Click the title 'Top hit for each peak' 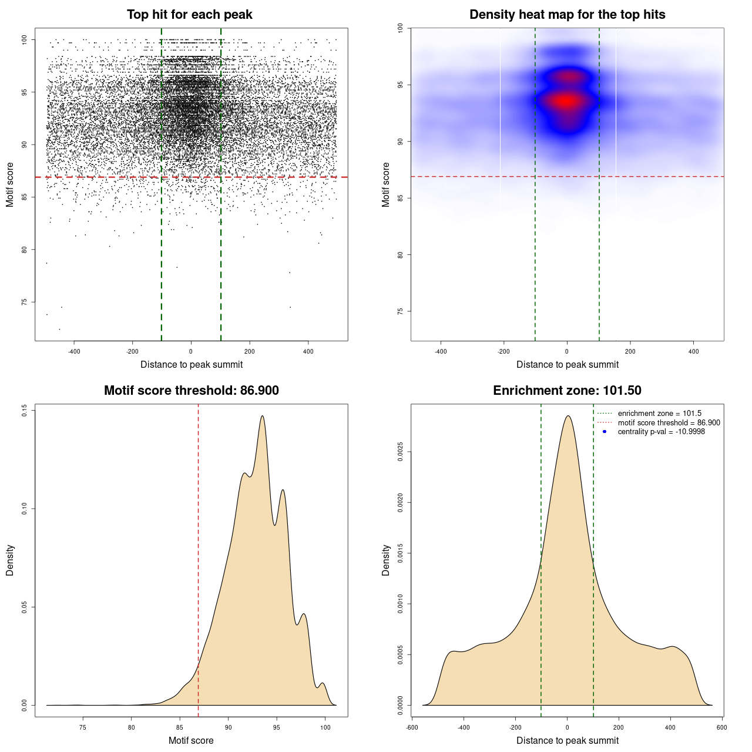[x=190, y=15]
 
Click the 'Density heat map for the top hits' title [x=567, y=15]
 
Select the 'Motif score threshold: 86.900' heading [x=191, y=391]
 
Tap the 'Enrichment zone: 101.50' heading [x=567, y=391]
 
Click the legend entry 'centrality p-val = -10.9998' [x=661, y=432]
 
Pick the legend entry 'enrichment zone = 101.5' [x=659, y=414]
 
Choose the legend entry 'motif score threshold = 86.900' [x=669, y=423]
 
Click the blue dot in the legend [x=605, y=432]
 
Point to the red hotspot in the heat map [x=566, y=101]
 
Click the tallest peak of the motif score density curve [x=262, y=416]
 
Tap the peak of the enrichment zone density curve [x=568, y=416]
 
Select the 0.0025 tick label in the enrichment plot [x=401, y=452]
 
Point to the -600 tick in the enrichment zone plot [x=412, y=727]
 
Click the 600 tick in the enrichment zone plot [x=722, y=727]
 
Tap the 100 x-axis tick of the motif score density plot [x=325, y=727]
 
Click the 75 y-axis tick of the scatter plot [x=25, y=302]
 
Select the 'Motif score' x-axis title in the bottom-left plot [x=191, y=740]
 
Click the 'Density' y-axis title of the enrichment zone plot [x=386, y=560]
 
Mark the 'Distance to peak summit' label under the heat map [x=567, y=365]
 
